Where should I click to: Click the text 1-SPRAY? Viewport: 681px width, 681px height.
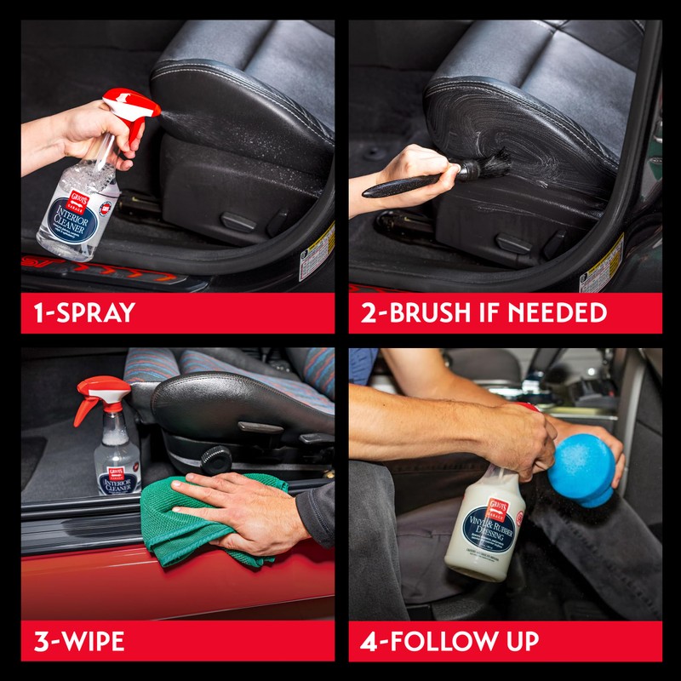click(x=78, y=312)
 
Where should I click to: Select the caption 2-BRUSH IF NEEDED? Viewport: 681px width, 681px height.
click(x=484, y=312)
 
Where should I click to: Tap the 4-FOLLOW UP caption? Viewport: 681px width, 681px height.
click(x=450, y=640)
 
